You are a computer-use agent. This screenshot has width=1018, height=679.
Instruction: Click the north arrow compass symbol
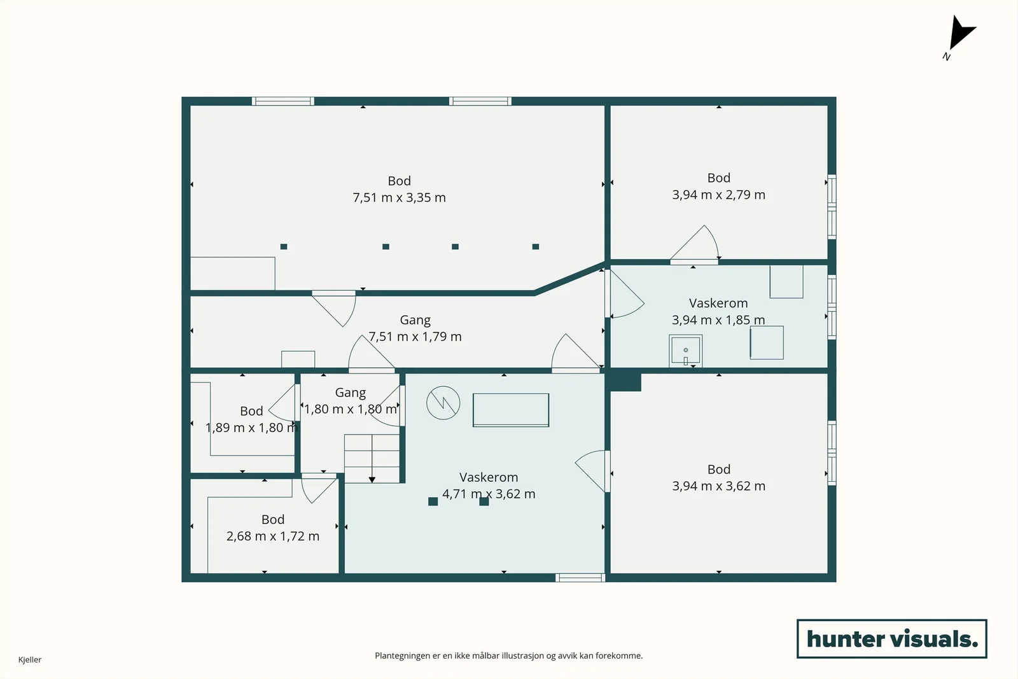pos(960,36)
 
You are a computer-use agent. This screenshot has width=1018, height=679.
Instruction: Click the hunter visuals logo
pos(891,638)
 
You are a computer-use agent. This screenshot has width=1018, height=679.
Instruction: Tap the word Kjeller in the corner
pos(30,659)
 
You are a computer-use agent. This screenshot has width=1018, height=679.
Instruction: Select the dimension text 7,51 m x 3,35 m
pos(399,198)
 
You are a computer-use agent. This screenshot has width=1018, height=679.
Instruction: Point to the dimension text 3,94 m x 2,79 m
pos(718,195)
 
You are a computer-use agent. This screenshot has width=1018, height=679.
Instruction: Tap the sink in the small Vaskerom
pos(686,351)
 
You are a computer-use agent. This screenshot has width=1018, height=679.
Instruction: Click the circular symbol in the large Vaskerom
pos(443,403)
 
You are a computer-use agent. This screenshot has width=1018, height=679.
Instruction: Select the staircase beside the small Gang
pos(372,459)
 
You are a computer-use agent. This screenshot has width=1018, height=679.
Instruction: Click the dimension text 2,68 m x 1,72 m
pos(273,536)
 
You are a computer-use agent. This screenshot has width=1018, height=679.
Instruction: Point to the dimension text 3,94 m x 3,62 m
pos(718,486)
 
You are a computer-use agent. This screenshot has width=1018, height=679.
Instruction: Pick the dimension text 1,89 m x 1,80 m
pos(251,428)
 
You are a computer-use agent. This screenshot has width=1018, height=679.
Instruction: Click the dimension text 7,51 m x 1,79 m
pos(415,337)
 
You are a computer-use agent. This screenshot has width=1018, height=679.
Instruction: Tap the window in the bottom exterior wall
pos(580,578)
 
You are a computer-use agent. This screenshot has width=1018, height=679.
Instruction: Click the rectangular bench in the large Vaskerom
pos(511,410)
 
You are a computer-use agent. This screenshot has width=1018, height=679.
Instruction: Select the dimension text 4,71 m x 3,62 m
pos(489,494)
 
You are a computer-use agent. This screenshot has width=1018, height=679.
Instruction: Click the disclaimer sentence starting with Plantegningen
pos(508,656)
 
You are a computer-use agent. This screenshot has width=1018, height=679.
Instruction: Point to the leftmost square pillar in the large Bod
pos(284,247)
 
